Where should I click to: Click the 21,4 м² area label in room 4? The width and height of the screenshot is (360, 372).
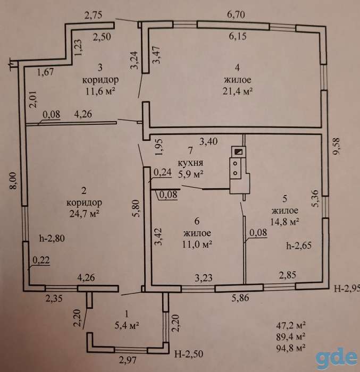(x=237, y=91)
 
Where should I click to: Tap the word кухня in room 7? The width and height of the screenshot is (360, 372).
(x=190, y=163)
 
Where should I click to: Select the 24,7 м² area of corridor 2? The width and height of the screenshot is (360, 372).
(x=85, y=214)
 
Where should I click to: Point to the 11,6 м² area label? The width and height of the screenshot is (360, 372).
(x=100, y=91)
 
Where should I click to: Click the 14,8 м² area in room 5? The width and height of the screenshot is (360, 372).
(x=284, y=222)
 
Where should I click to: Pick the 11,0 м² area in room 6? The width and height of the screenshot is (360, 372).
(x=197, y=244)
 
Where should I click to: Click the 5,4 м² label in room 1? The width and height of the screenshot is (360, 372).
(x=127, y=325)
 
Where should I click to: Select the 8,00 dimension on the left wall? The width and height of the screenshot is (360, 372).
(x=13, y=181)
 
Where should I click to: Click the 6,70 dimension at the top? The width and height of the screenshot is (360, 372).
(x=236, y=15)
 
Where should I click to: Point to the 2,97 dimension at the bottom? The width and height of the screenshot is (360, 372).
(x=128, y=360)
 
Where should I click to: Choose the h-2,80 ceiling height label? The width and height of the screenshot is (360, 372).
(x=52, y=238)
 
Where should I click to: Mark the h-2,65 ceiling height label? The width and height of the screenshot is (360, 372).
(x=299, y=246)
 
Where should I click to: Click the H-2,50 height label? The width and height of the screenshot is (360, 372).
(x=189, y=354)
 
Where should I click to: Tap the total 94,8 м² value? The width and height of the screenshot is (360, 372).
(x=291, y=348)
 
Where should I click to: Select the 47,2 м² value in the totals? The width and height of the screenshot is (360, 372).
(x=291, y=325)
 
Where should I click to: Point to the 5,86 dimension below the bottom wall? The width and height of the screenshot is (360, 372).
(x=240, y=298)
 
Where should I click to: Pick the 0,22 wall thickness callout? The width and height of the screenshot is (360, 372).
(x=41, y=260)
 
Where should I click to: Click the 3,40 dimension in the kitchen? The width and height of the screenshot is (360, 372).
(x=208, y=142)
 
